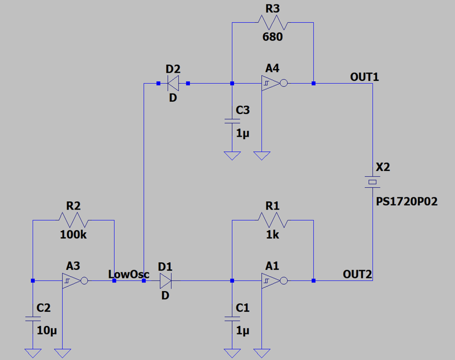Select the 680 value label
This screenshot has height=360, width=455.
pos(272,37)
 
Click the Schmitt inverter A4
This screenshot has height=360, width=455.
pos(272,83)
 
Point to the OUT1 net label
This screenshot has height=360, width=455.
pos(364,77)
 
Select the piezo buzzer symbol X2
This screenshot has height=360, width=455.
pos(372,182)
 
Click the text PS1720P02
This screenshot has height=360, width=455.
pos(406,202)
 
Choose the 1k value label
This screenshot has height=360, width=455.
pos(272,235)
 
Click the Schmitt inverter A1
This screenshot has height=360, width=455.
pos(272,281)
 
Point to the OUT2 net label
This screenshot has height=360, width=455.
pos(357,274)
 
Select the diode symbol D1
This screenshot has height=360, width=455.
pos(165,281)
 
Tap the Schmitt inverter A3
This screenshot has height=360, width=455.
pos(73,281)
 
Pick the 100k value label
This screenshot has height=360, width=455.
pos(73,235)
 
